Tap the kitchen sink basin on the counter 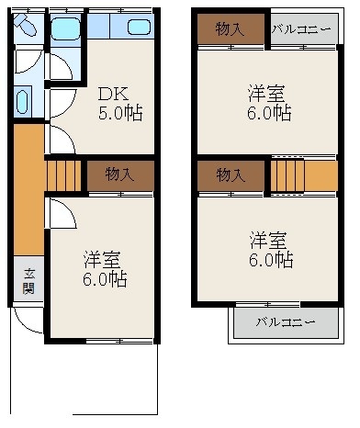139,27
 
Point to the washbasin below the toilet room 23,100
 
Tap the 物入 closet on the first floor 118,173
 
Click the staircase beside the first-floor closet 65,174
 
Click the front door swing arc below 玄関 28,321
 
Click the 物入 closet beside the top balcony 230,29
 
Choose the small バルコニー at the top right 300,29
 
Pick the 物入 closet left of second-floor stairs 230,174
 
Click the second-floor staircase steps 287,174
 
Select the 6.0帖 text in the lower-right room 271,260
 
